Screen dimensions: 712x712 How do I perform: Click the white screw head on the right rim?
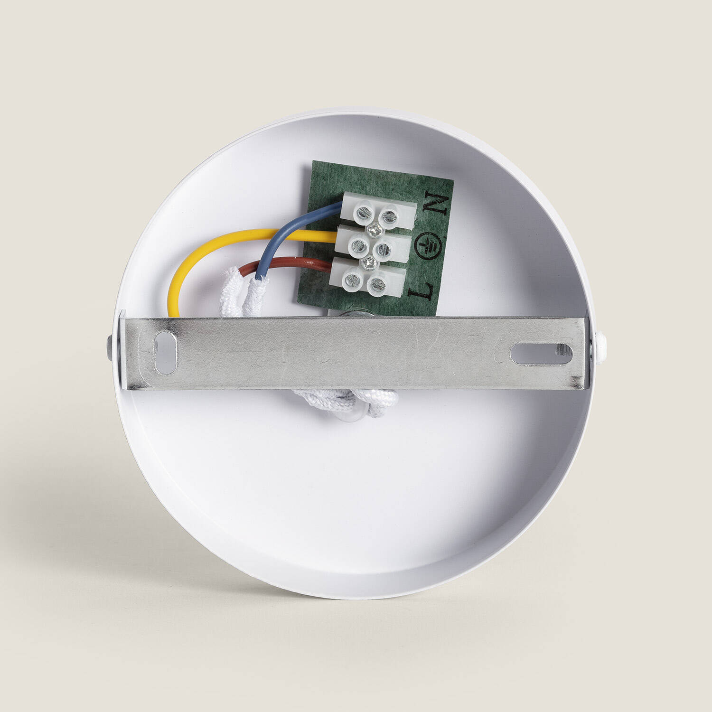(600, 342)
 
